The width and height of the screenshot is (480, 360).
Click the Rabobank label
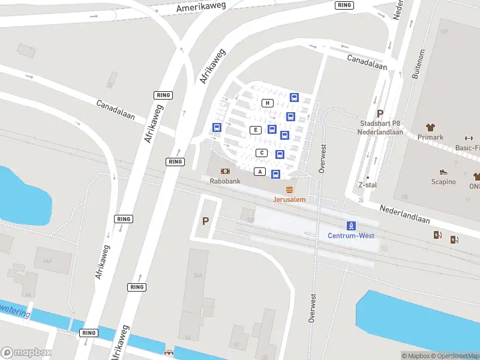point(225,181)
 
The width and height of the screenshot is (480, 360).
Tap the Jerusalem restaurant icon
point(290,190)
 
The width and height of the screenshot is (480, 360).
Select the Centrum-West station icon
point(352,226)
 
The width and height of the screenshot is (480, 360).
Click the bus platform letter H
point(268,103)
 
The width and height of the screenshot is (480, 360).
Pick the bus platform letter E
point(256,130)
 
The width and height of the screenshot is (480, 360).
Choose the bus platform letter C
point(262,153)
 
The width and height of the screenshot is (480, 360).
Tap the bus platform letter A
point(260,172)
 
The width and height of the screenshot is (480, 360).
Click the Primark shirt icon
point(430,127)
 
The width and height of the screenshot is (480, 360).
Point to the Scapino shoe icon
point(443,172)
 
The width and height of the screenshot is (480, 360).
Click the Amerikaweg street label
point(202,8)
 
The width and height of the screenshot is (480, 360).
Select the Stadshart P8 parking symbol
point(379,113)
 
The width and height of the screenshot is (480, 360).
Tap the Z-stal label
point(367,185)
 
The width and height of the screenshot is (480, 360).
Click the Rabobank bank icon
point(225,171)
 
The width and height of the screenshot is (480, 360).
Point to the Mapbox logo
point(26,353)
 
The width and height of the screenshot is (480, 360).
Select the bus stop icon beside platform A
point(275,175)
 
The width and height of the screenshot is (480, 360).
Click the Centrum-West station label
point(351,236)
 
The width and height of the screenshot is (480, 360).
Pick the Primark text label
point(430,137)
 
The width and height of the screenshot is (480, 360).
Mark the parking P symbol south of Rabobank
point(205,221)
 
